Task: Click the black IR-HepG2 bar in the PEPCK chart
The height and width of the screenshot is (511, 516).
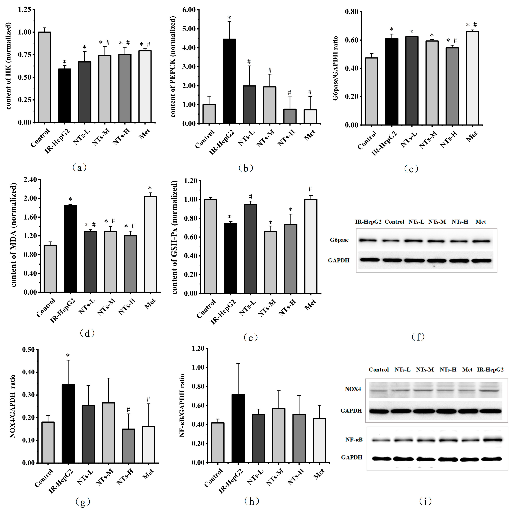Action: [x=229, y=81]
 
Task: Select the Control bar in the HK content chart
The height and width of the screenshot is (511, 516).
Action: [x=45, y=77]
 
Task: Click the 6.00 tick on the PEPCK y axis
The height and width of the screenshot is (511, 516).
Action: [x=189, y=10]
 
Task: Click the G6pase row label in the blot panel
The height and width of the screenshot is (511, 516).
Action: [x=339, y=240]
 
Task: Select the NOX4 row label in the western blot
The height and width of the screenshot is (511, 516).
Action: [x=353, y=389]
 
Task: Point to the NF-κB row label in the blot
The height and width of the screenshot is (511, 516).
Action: [x=354, y=440]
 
